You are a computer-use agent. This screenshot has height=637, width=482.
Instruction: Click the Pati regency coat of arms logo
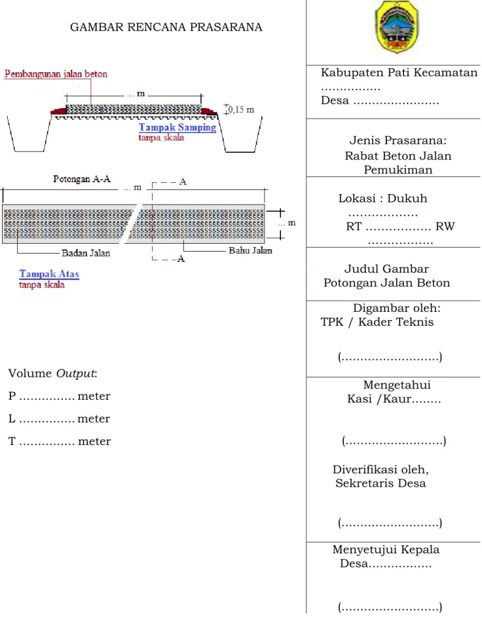coord(397,27)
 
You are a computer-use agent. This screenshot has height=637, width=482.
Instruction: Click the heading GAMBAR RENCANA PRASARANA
coord(166,28)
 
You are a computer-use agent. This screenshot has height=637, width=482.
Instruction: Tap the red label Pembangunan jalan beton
coord(56,74)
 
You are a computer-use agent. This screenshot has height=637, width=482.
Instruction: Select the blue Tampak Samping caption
coord(177,127)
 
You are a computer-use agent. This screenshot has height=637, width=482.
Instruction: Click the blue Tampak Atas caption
coord(49,274)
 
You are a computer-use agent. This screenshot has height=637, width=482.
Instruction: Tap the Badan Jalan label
coord(86,253)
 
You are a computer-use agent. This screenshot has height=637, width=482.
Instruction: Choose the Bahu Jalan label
coord(251,250)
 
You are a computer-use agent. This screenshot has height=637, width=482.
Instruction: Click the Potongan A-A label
coord(82,179)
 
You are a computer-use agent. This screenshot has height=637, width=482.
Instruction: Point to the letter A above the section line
coord(183,182)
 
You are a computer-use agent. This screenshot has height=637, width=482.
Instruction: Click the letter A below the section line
coord(181,259)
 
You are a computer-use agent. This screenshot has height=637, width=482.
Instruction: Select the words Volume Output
coord(53,374)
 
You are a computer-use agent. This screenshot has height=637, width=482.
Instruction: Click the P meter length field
coord(60,396)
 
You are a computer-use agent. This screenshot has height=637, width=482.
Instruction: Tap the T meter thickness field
coord(60,441)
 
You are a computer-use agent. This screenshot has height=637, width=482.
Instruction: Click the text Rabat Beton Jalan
coord(398,156)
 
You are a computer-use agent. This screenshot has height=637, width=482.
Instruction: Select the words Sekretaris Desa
coord(380,484)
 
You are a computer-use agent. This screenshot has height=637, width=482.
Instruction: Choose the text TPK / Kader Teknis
coord(377,322)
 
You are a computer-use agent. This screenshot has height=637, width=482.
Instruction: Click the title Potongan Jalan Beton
coord(387,282)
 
